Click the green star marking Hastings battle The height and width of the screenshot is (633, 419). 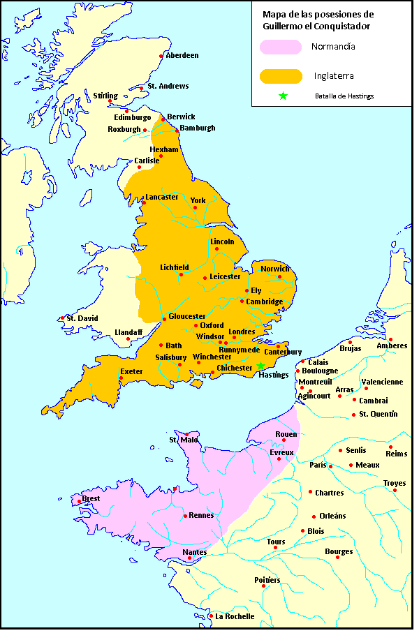point(260,366)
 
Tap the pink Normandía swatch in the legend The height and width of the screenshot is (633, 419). point(281,47)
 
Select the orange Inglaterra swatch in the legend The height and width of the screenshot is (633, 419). point(281,75)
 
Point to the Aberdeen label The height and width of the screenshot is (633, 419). point(182,55)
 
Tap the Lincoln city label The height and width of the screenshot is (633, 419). point(222,241)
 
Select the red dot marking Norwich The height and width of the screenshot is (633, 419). point(279,277)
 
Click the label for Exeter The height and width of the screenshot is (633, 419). point(131,371)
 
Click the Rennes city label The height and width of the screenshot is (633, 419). point(201,515)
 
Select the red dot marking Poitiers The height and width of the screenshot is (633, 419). point(263,586)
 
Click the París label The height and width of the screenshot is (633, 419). point(318,465)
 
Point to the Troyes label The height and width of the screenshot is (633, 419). point(394,483)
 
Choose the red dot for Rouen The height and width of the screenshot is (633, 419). point(283,440)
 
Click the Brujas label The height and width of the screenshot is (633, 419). point(350,348)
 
